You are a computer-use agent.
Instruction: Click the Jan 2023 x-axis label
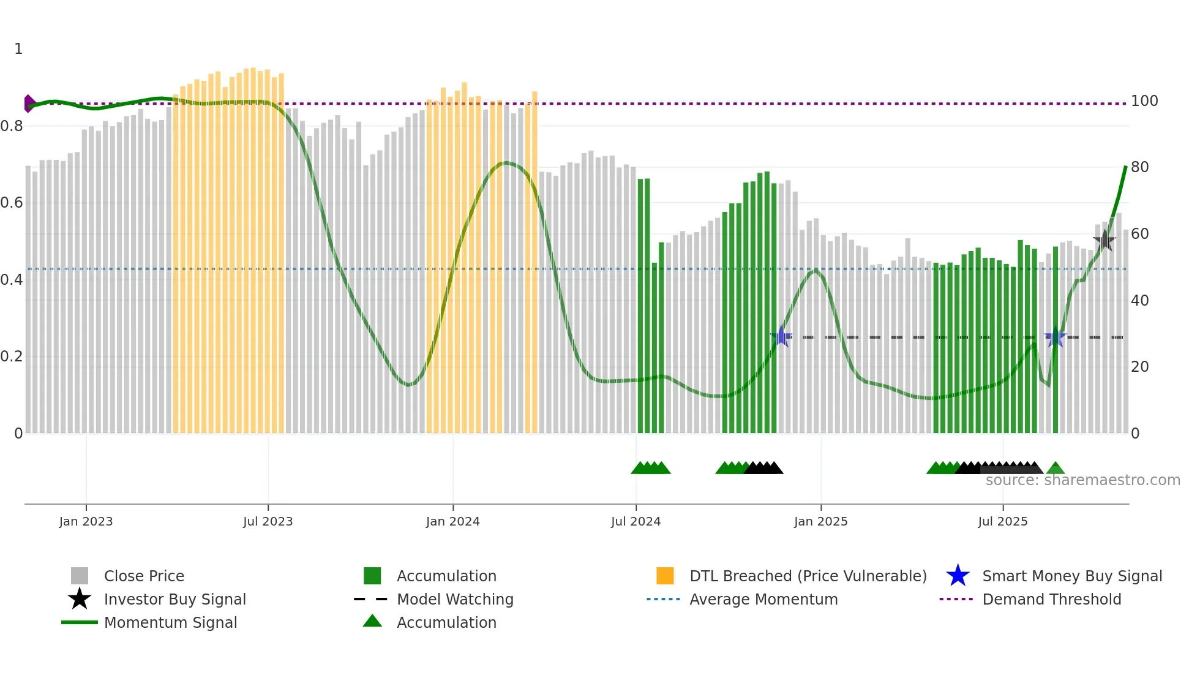[86, 521]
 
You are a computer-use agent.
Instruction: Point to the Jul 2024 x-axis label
[636, 521]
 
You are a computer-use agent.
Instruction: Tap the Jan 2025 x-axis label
[820, 521]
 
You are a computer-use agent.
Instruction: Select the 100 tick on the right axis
[1144, 101]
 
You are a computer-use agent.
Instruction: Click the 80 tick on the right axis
[1139, 167]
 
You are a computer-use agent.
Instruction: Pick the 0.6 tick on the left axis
[12, 203]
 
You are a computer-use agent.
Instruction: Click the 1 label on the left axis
[18, 49]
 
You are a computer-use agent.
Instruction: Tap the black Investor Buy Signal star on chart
[1104, 240]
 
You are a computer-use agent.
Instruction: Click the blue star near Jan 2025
[781, 337]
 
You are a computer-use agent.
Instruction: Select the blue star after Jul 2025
[1055, 337]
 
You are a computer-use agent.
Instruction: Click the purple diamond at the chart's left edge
[29, 104]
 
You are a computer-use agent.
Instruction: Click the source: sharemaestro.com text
[1082, 480]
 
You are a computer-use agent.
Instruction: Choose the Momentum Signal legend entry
[170, 622]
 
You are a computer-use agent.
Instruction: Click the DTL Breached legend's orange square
[665, 576]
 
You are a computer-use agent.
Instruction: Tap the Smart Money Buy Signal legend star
[958, 576]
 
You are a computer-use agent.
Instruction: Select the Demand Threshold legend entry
[1051, 599]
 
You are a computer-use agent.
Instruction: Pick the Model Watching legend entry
[454, 599]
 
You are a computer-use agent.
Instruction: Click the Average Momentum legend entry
[763, 599]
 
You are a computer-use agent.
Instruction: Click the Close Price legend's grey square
[80, 576]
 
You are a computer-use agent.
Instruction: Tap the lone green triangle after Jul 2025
[1055, 469]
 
